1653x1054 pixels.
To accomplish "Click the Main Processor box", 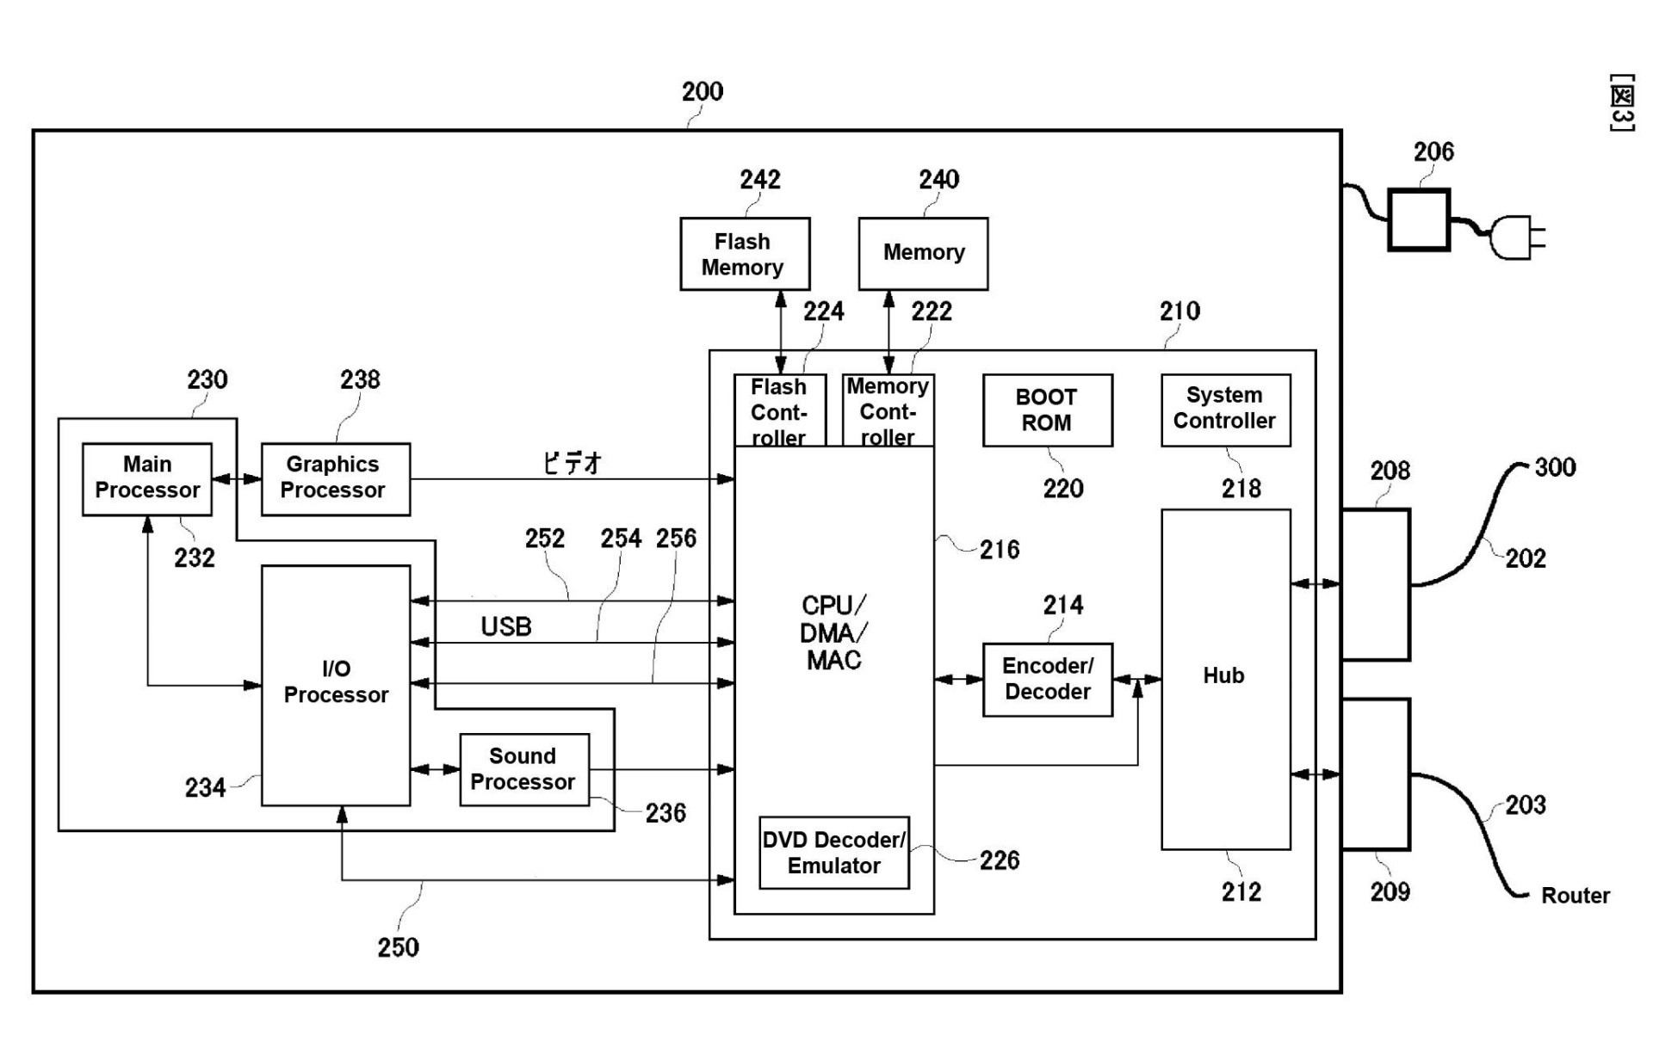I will click(x=147, y=478).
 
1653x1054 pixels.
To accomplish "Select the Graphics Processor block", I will click(x=335, y=478).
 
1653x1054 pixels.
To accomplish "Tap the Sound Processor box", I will click(x=524, y=769).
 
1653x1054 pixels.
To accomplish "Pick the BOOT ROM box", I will click(x=1047, y=410).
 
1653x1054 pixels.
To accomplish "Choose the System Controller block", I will click(x=1225, y=410).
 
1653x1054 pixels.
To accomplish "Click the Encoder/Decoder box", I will click(x=1047, y=679).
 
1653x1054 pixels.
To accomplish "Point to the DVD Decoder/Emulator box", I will click(x=833, y=853).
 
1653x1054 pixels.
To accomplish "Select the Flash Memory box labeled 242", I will click(x=745, y=254).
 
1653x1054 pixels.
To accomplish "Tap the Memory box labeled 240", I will click(x=923, y=254).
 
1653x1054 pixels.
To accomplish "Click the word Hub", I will click(x=1223, y=675).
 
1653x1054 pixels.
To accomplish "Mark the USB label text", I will click(x=506, y=626).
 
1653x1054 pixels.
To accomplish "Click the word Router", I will click(x=1575, y=896).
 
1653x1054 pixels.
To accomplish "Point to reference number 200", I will click(x=703, y=91).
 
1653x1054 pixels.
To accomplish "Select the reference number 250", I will click(x=398, y=947).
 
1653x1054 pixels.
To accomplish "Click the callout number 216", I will click(x=1000, y=549).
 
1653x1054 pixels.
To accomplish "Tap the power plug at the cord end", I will click(x=1517, y=237).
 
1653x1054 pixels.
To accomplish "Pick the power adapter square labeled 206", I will click(x=1419, y=220).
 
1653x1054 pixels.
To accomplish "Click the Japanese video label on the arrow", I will click(x=573, y=463).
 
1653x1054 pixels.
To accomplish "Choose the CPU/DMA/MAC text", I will click(x=833, y=632).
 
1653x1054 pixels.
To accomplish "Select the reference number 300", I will click(x=1555, y=467).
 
